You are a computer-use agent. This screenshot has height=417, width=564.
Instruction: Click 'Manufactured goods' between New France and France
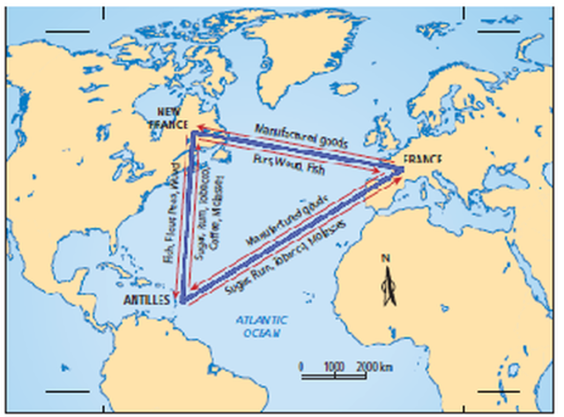click(301, 135)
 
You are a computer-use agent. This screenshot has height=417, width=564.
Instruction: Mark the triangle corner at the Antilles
click(182, 302)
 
